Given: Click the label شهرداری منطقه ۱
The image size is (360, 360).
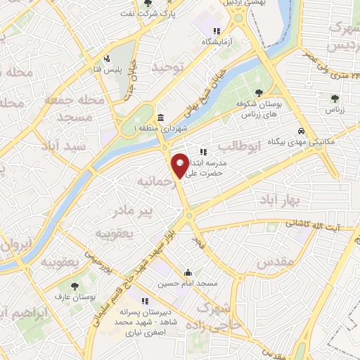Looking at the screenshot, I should coord(159,129).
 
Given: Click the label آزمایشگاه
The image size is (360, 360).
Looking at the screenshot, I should coord(217,42).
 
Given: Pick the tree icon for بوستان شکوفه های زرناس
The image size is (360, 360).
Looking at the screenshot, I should coord(259,92).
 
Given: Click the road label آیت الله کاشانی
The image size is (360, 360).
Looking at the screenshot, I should coord(312,225).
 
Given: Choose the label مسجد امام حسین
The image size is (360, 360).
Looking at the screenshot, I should coord(186,284).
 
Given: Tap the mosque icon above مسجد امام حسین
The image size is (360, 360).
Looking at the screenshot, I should coord(187,273).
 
